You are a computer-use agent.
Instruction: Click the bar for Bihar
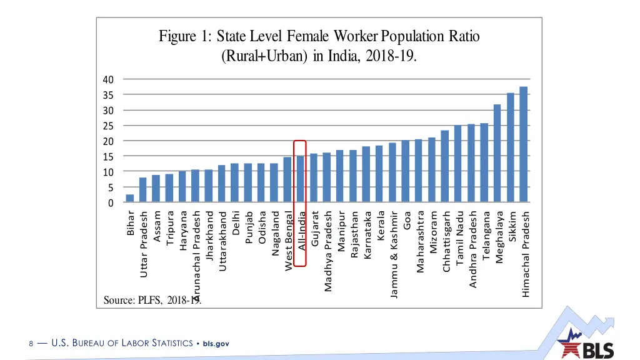[129, 199]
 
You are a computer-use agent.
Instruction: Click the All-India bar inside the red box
[300, 179]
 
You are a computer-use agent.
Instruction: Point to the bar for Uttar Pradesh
[142, 191]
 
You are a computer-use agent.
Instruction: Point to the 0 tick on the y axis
[111, 203]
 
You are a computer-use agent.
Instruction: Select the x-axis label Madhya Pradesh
[327, 251]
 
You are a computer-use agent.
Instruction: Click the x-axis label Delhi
[235, 224]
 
